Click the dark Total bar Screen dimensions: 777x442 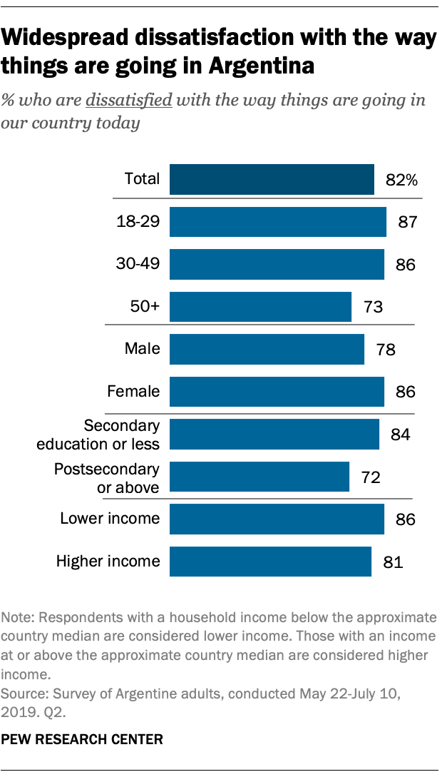click(272, 179)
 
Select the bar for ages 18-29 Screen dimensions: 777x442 click(277, 222)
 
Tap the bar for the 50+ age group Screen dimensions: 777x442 click(260, 307)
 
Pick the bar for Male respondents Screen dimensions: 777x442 click(267, 350)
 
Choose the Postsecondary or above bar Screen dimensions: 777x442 click(259, 477)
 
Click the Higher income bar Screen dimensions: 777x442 click(270, 562)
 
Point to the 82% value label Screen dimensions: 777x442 click(401, 180)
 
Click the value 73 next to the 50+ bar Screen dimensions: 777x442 click(374, 308)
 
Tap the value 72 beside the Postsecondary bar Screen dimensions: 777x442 click(371, 477)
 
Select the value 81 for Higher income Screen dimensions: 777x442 click(394, 562)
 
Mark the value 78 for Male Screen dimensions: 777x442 click(386, 350)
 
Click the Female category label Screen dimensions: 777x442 click(133, 392)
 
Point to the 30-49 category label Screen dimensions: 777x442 click(138, 265)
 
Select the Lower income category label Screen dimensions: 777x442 click(110, 519)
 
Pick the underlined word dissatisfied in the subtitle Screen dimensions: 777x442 click(128, 99)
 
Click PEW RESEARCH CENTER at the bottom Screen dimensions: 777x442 click(83, 740)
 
